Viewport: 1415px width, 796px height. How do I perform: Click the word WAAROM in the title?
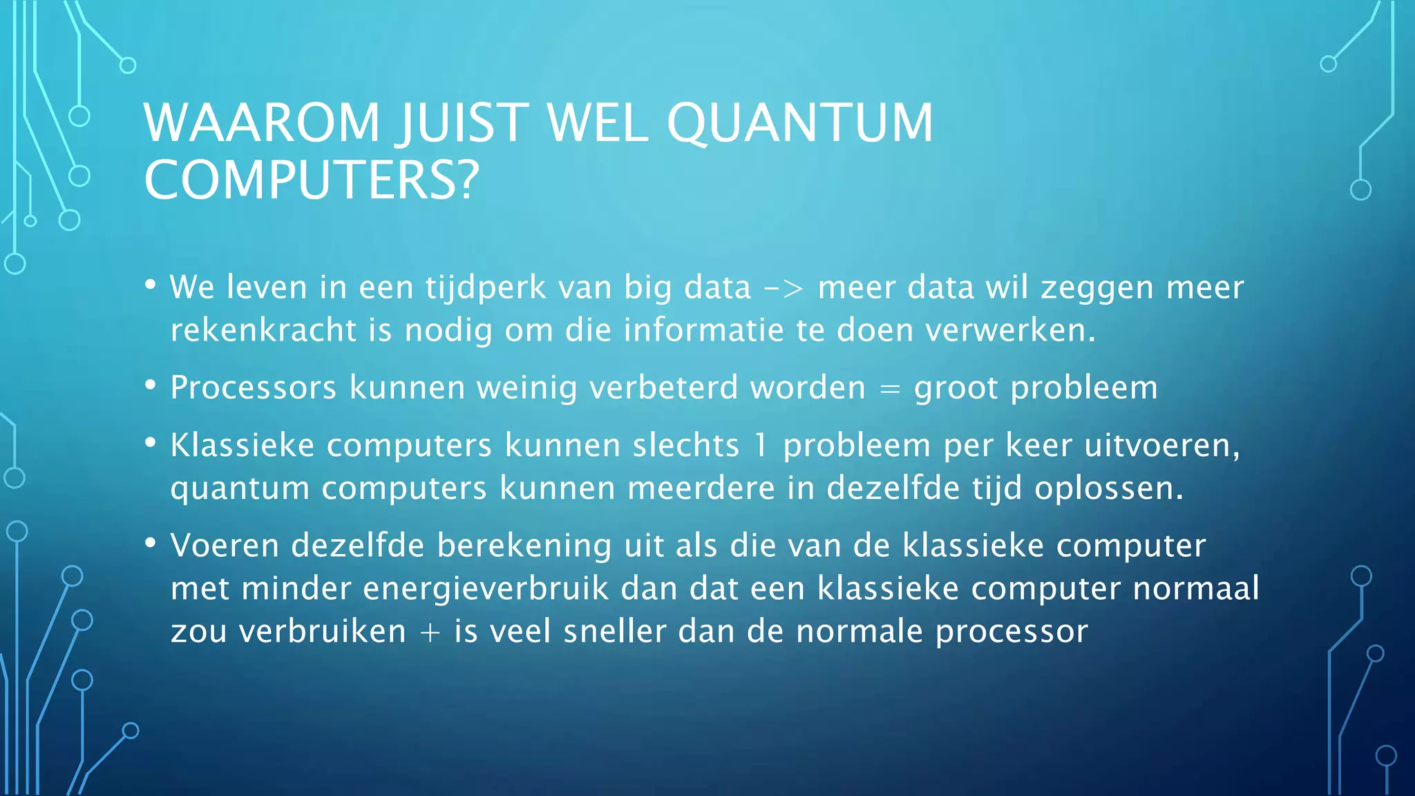(262, 123)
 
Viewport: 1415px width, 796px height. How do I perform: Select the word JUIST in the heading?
(462, 123)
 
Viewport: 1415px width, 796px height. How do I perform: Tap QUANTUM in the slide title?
(799, 123)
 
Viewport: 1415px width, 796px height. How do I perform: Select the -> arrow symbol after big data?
(784, 288)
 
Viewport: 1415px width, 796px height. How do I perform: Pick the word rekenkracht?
(263, 330)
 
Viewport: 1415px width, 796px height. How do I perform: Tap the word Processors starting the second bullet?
(254, 388)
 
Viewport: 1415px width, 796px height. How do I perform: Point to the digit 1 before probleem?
(761, 445)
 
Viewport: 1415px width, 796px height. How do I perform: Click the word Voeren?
(225, 545)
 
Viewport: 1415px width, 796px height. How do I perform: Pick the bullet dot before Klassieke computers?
(151, 443)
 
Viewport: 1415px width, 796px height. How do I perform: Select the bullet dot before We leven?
(151, 285)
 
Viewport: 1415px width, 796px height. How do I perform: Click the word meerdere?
(701, 489)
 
